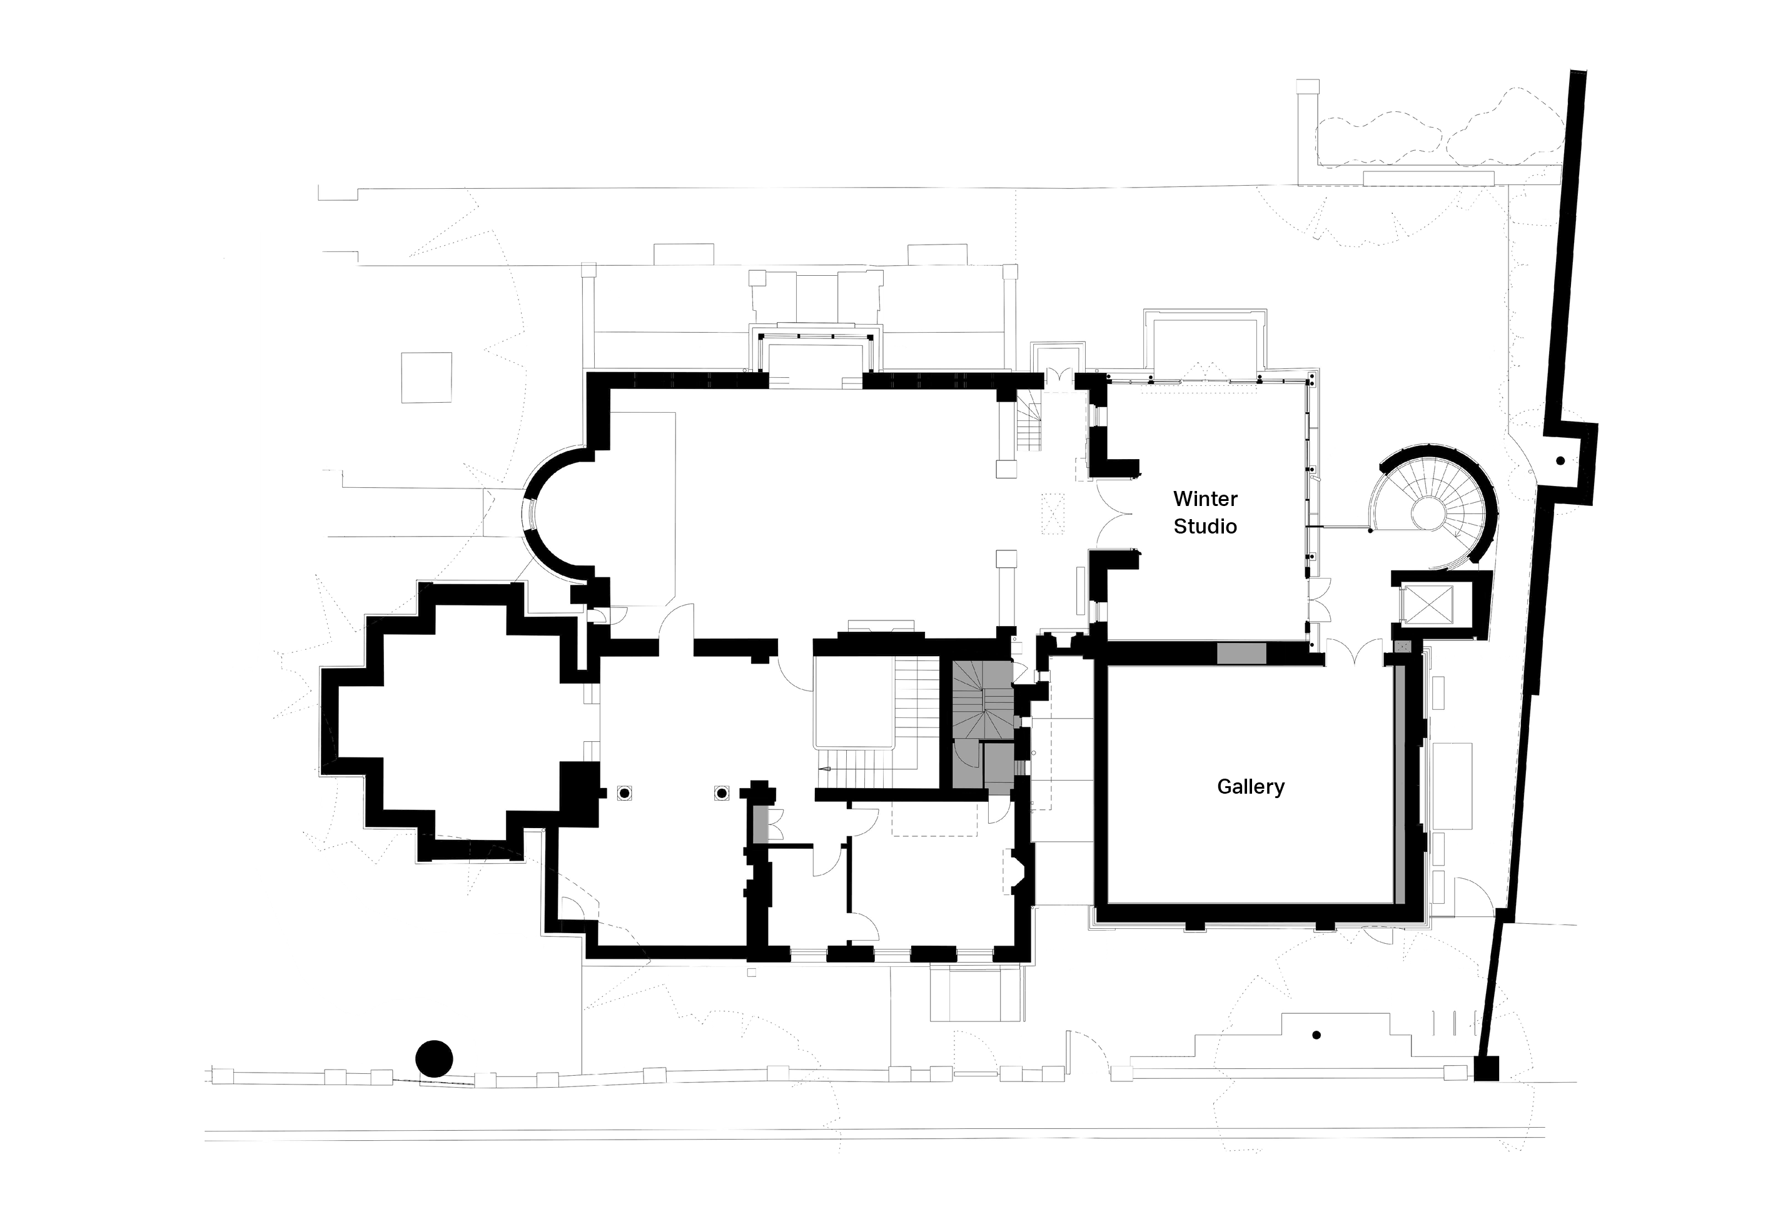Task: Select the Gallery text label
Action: point(1251,787)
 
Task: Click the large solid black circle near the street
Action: point(433,1060)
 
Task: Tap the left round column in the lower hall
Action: point(625,794)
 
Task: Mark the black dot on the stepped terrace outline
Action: point(1316,1035)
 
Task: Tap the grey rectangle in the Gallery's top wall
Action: point(1241,653)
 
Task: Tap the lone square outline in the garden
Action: point(427,377)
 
